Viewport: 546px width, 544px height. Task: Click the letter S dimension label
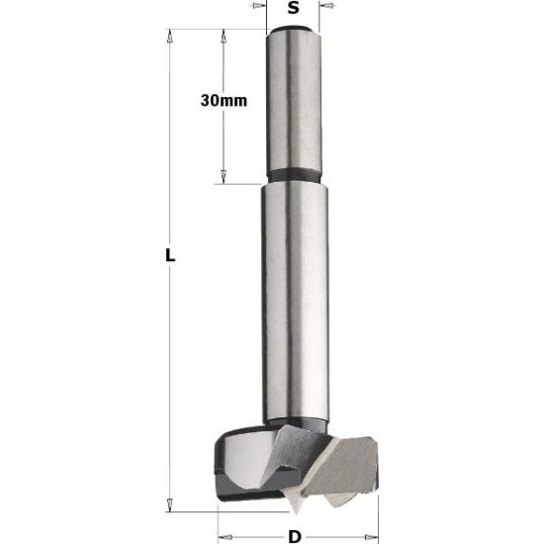293,8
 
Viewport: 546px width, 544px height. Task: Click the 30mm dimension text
224,101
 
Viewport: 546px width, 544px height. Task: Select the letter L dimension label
170,255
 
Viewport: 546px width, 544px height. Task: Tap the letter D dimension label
295,536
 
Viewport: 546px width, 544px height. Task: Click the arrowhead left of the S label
258,6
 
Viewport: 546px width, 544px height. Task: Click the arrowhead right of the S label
327,6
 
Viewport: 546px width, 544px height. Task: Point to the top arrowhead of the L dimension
170,37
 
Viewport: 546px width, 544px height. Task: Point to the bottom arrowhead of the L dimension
170,505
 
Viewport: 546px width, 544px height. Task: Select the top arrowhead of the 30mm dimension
224,37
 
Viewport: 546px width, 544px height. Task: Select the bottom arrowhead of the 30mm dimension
224,177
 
